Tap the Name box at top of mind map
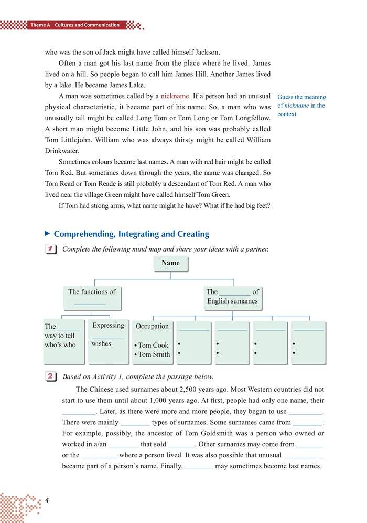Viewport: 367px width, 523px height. pos(170,263)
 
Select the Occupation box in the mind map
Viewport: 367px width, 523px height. pos(153,341)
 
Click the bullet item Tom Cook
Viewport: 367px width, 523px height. pos(153,345)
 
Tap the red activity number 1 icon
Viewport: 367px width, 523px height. pos(51,249)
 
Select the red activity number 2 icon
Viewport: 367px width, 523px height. pos(51,376)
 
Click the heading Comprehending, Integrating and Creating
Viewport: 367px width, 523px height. pos(131,234)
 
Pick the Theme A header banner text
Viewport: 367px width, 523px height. pos(75,25)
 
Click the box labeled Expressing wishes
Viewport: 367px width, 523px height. pos(108,341)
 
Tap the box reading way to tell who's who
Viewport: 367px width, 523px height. pos(63,341)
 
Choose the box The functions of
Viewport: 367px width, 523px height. pos(92,297)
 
